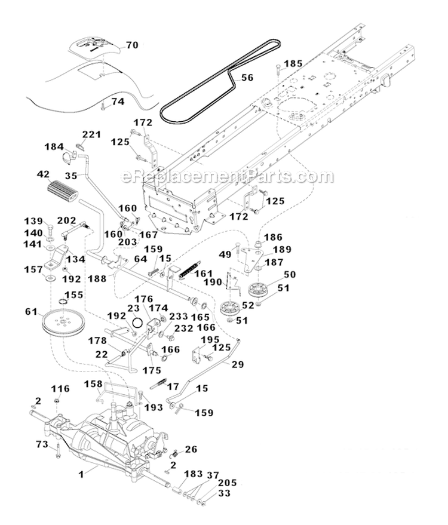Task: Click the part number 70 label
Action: point(132,44)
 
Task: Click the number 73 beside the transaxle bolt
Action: point(41,444)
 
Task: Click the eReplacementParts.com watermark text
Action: point(227,177)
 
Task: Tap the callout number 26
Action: point(191,449)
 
